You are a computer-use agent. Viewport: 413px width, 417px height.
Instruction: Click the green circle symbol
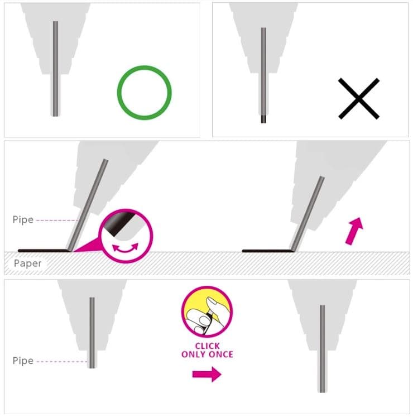(145, 68)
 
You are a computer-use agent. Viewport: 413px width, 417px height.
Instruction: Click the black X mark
(359, 99)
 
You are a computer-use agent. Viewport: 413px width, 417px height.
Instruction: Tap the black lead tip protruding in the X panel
(263, 119)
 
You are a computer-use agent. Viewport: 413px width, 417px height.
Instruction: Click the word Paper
(28, 263)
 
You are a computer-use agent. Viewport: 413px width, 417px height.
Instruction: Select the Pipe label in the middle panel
(23, 220)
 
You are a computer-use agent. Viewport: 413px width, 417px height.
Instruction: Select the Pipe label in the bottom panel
(23, 361)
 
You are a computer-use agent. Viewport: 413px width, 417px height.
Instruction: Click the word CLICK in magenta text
(208, 346)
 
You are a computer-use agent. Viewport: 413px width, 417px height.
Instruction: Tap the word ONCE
(221, 354)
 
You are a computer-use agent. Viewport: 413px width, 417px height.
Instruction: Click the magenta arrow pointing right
(206, 374)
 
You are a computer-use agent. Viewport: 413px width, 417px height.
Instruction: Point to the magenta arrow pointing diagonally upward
(354, 231)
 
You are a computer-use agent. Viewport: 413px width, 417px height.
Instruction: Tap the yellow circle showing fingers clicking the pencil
(207, 312)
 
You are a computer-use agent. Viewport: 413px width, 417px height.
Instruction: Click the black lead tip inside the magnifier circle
(119, 223)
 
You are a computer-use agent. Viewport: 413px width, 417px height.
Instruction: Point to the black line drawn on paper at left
(44, 251)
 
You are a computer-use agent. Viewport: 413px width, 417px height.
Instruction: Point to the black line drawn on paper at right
(268, 251)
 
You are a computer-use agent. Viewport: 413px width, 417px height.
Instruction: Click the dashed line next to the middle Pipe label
(56, 220)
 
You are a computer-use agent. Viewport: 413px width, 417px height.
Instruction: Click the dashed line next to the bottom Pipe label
(62, 361)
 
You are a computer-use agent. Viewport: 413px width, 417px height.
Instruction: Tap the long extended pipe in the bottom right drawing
(323, 349)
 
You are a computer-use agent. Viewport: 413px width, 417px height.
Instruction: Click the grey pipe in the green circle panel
(55, 69)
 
